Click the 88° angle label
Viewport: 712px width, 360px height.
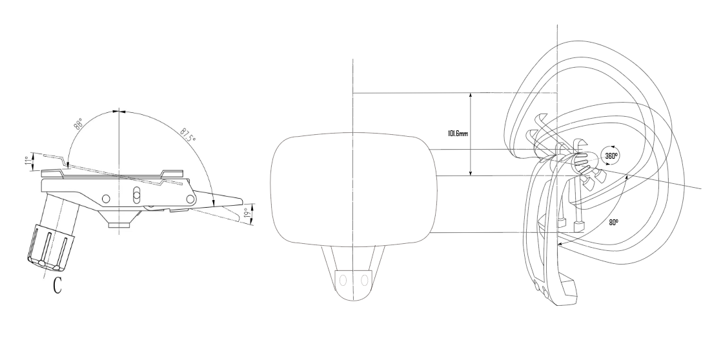[79, 125]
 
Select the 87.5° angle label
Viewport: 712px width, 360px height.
[188, 134]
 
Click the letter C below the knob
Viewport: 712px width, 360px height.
[57, 285]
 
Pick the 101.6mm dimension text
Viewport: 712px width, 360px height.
[458, 134]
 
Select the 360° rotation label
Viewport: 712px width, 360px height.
[611, 155]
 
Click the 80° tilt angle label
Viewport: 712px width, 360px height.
[613, 223]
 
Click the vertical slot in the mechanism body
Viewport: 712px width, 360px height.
[136, 195]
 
